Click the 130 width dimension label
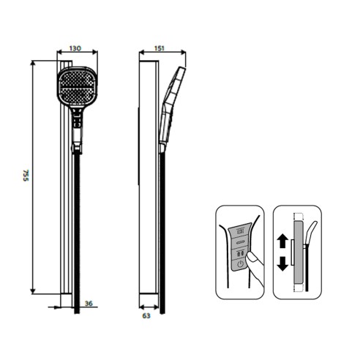[x=75, y=48]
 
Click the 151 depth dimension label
[x=160, y=48]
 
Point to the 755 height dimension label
[x=26, y=176]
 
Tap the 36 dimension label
[x=89, y=304]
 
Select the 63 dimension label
[x=146, y=315]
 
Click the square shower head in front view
[x=77, y=86]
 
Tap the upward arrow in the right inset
[x=282, y=241]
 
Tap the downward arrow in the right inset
[x=282, y=263]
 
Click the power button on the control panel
[x=240, y=264]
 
